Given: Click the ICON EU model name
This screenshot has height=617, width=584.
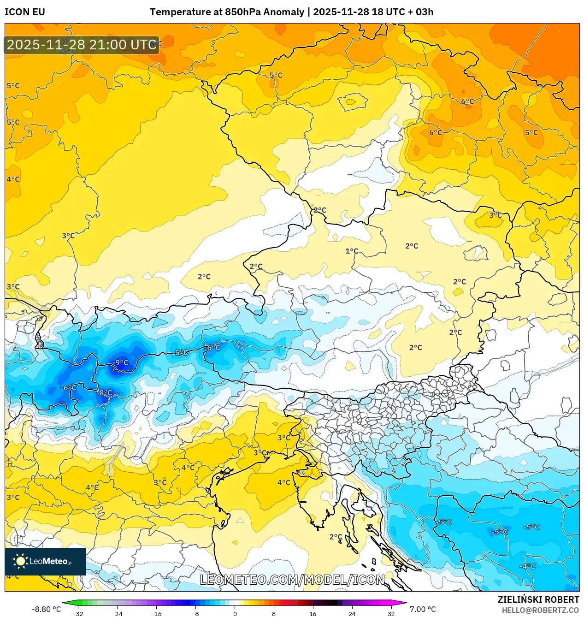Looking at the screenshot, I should pyautogui.click(x=25, y=12).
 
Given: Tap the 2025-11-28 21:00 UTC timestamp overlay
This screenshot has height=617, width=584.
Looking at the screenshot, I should pyautogui.click(x=82, y=45).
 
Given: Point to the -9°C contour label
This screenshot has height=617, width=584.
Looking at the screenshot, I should pyautogui.click(x=121, y=363).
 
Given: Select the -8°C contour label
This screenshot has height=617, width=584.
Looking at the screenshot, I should pyautogui.click(x=105, y=393).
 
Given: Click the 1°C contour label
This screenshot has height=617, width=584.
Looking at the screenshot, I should pyautogui.click(x=352, y=251).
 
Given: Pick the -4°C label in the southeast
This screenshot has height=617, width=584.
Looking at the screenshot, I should pyautogui.click(x=528, y=566).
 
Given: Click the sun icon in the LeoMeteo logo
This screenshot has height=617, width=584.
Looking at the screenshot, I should pyautogui.click(x=20, y=561).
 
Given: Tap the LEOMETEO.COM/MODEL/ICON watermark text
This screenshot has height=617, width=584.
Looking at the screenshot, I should pyautogui.click(x=292, y=580).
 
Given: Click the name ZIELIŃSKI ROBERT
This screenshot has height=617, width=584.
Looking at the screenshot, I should pyautogui.click(x=538, y=599).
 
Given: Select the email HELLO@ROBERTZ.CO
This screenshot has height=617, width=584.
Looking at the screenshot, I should pyautogui.click(x=540, y=610).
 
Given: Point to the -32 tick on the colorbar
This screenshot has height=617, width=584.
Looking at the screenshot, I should pyautogui.click(x=78, y=614).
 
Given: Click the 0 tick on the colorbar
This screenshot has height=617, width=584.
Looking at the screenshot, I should pyautogui.click(x=235, y=614).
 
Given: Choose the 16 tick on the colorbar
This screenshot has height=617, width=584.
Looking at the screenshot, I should pyautogui.click(x=313, y=614).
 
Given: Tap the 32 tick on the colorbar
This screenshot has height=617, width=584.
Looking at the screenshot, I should pyautogui.click(x=391, y=614).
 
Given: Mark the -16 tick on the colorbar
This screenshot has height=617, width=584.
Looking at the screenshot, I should pyautogui.click(x=156, y=614).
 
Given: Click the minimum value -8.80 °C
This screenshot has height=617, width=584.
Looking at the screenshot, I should pyautogui.click(x=46, y=609).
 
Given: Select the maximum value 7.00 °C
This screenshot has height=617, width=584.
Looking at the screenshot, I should pyautogui.click(x=422, y=609).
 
